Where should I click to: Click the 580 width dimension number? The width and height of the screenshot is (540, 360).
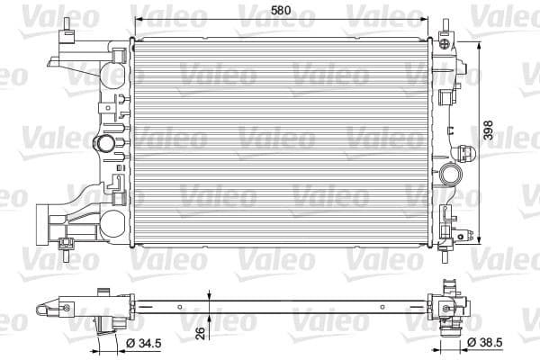pyautogui.click(x=281, y=12)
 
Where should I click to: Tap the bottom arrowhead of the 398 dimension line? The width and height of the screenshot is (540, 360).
pyautogui.click(x=478, y=238)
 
